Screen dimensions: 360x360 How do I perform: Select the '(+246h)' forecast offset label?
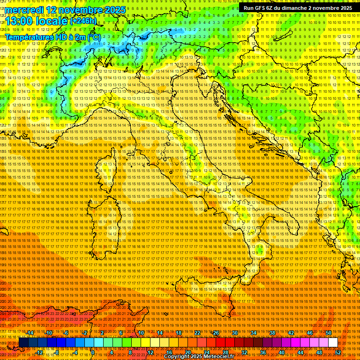click(x=83, y=21)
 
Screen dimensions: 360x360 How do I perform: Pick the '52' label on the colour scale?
click(x=338, y=352)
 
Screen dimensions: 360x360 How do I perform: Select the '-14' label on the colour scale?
click(x=30, y=333)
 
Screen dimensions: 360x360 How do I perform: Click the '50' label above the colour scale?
click(x=329, y=333)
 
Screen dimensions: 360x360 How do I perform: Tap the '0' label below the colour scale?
click(x=93, y=352)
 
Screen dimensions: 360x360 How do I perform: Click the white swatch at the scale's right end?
click(x=333, y=343)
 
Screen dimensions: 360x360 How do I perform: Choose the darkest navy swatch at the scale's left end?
click(x=23, y=343)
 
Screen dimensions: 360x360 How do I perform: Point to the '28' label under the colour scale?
click(x=225, y=352)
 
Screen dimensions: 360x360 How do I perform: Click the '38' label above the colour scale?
click(x=272, y=333)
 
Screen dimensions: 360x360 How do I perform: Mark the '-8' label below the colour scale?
click(x=57, y=352)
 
